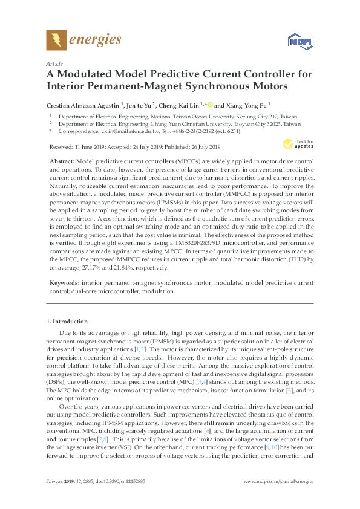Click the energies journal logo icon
56,41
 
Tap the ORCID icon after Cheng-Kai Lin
210,103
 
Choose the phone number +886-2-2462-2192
208,131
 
